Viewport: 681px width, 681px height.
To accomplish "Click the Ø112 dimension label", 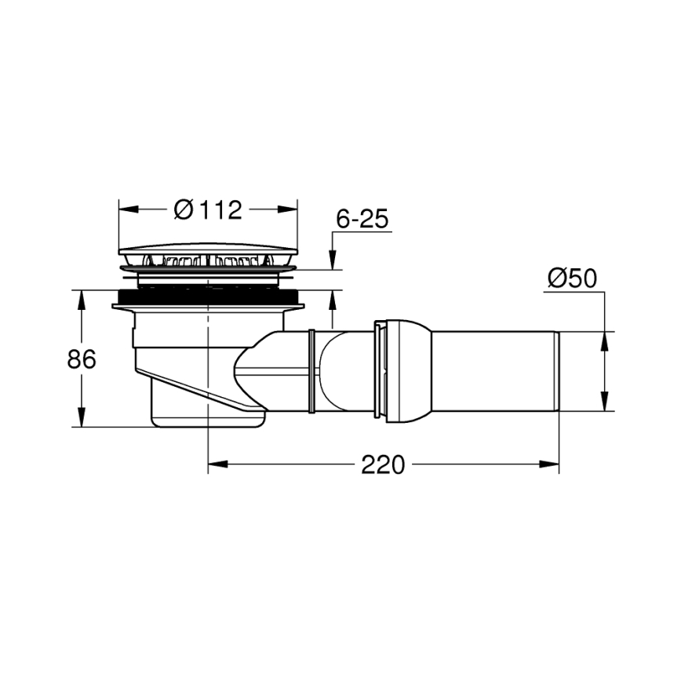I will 207,209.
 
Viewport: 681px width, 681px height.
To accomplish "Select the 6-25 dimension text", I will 362,220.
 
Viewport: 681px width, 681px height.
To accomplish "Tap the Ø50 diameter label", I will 573,279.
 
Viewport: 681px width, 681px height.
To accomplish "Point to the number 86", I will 81,359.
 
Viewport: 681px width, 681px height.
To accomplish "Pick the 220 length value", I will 383,464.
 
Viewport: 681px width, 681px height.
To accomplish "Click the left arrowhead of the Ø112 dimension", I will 126,209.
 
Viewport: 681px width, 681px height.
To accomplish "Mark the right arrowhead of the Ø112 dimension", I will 292,209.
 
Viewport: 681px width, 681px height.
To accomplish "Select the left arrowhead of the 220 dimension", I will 216,464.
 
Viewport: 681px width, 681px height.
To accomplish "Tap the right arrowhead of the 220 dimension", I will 552,464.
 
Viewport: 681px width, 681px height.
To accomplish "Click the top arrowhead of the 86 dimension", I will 81,297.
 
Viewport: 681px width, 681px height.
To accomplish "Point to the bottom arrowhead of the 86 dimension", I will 81,420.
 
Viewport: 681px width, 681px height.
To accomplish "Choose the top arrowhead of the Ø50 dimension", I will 605,339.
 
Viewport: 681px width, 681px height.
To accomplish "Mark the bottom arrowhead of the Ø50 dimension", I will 605,403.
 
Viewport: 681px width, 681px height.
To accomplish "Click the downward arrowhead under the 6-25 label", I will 333,262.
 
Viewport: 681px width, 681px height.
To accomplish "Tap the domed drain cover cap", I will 209,254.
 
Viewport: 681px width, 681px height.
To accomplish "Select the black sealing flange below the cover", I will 209,298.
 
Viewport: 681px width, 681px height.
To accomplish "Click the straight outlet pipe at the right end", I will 494,371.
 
